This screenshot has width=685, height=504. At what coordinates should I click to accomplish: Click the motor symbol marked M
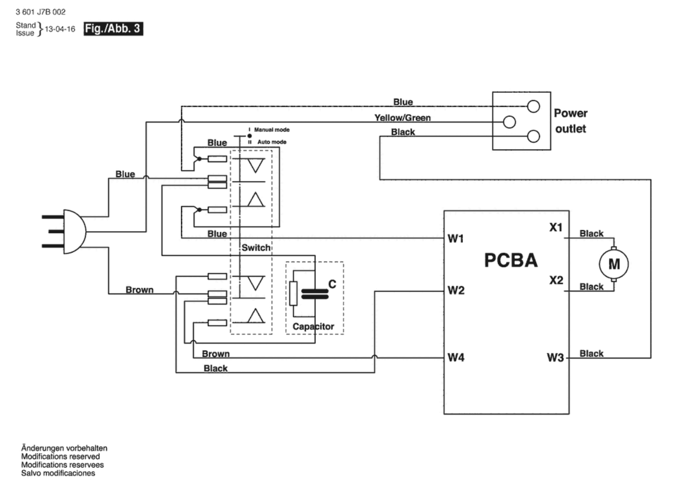point(614,264)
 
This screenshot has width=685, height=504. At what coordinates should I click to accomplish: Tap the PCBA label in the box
point(511,260)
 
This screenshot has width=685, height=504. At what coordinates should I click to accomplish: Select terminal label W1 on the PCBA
point(456,238)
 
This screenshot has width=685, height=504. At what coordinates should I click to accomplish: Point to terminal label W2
point(456,290)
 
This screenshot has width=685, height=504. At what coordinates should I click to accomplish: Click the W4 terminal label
point(456,357)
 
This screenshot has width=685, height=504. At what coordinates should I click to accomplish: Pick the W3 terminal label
point(555,358)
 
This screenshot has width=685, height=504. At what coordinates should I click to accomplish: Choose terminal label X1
point(556,228)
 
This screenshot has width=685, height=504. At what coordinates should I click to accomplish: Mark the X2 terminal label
point(556,280)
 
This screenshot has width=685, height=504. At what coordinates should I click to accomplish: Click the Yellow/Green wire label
point(402,118)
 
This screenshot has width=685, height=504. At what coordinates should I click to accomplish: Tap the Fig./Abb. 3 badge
point(113,28)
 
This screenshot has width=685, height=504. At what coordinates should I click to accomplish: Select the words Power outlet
point(570,121)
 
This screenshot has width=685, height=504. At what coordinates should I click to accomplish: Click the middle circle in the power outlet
point(509,122)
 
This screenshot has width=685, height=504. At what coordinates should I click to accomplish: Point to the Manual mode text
point(272,130)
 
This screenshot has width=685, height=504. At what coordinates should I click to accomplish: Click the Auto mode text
point(272,142)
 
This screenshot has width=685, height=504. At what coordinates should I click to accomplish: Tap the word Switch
point(256,248)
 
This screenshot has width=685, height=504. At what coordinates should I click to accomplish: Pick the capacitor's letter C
point(332,284)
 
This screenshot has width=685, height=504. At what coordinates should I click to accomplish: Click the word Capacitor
point(313,326)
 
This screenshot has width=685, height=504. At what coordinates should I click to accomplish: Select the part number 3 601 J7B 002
point(41,12)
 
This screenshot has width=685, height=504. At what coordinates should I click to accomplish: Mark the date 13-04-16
point(60,29)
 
